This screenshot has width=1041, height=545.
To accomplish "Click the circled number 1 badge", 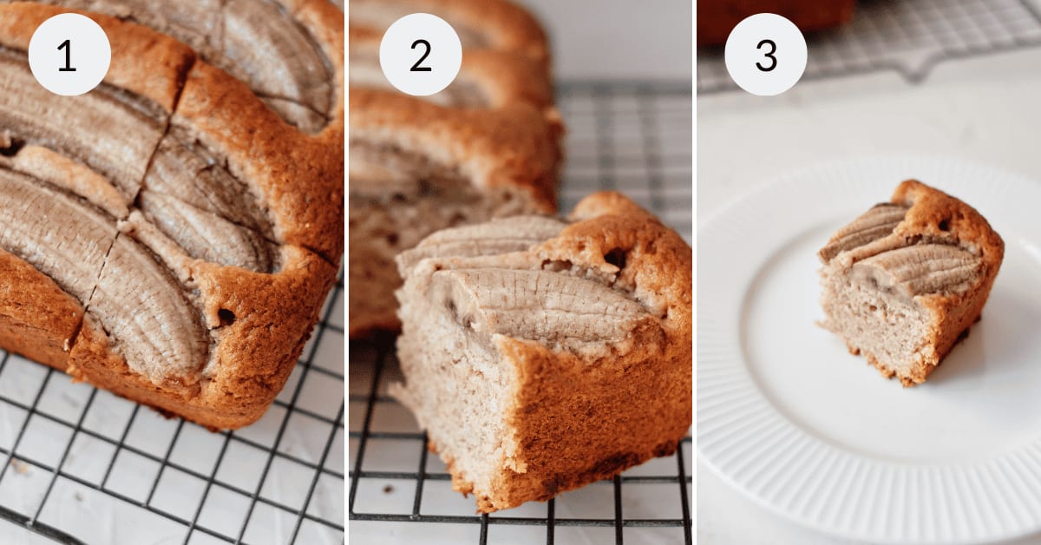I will pos(69,54).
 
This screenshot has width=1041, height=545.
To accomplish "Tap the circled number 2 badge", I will pos(420,54).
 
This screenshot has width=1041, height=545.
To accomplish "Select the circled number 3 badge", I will pos(765,54).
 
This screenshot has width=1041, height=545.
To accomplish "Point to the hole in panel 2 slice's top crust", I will pos(615,257).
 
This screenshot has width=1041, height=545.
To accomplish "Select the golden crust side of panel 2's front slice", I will pos(599,408).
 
